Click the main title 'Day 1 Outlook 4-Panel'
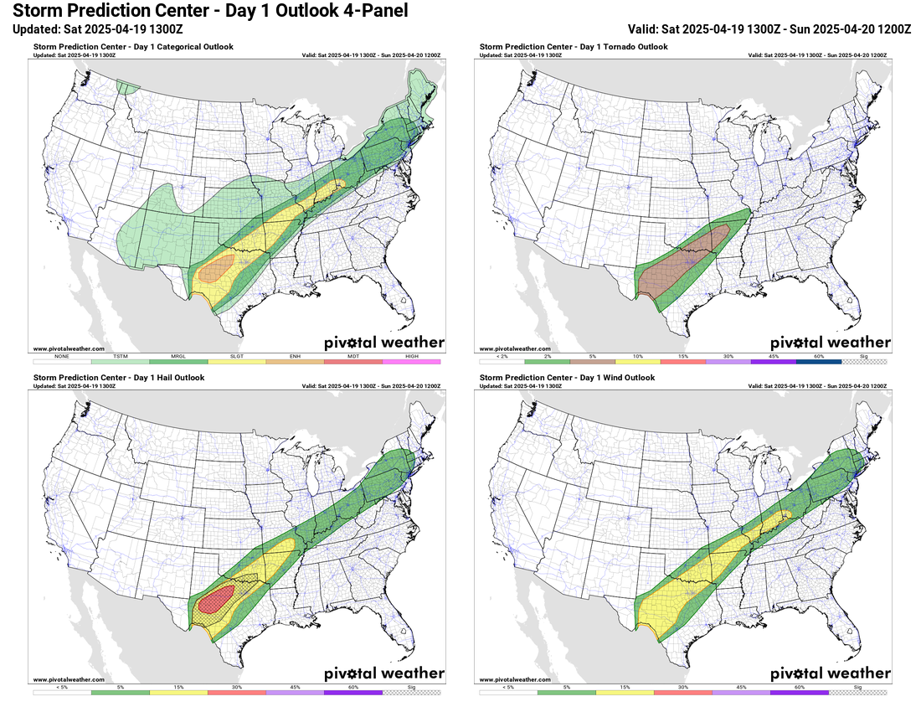204,11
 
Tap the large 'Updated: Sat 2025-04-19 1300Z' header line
99,28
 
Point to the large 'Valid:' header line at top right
769,28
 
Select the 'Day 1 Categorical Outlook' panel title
133,47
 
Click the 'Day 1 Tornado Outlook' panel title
574,47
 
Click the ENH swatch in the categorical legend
295,362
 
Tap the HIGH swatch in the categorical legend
411,362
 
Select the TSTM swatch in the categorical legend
120,362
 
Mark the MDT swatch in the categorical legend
352,362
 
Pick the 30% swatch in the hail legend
236,693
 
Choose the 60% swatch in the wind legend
800,693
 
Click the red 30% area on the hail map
217,601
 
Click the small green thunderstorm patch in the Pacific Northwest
127,86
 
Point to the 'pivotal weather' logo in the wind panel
830,673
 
